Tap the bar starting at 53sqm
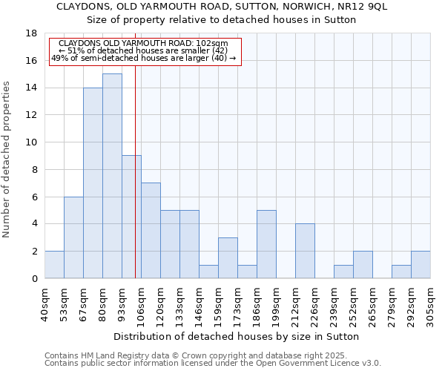[73, 237]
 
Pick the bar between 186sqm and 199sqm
[266, 244]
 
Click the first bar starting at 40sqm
[54, 265]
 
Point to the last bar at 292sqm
[421, 265]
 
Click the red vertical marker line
[135, 185]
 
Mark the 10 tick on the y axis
[31, 142]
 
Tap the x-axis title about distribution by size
[237, 336]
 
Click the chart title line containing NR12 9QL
[222, 7]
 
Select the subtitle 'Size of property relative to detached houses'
[222, 20]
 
